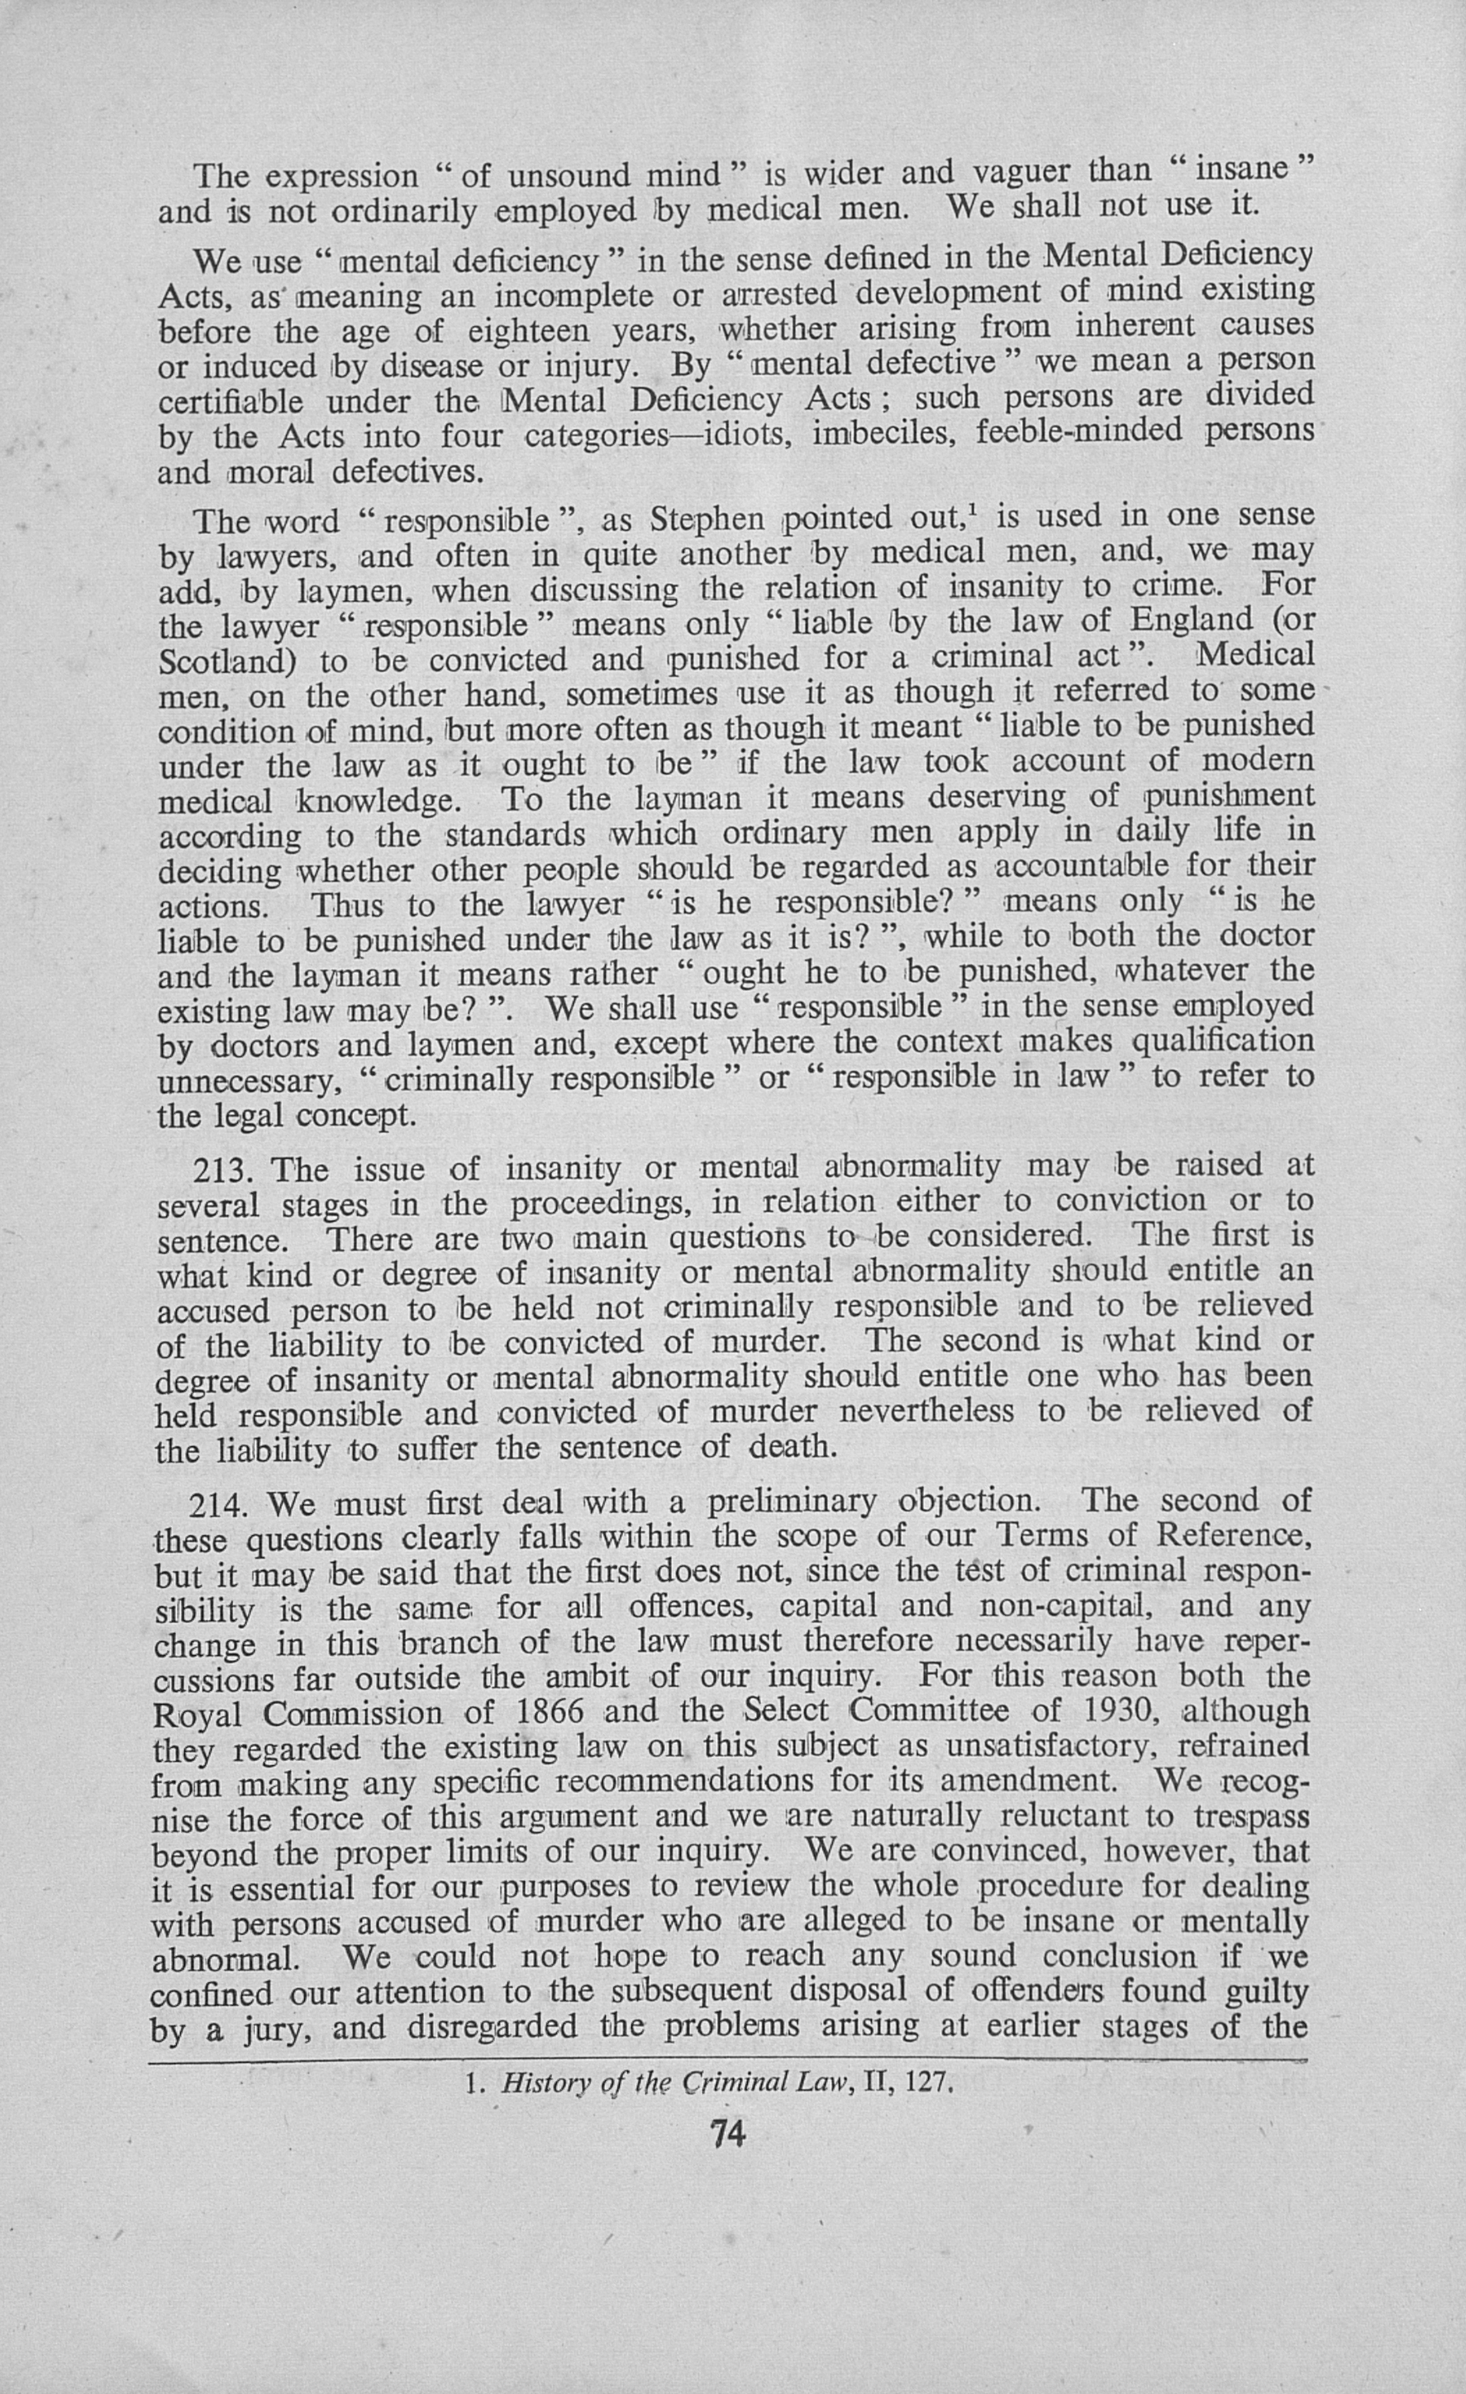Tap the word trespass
(1250, 1817)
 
